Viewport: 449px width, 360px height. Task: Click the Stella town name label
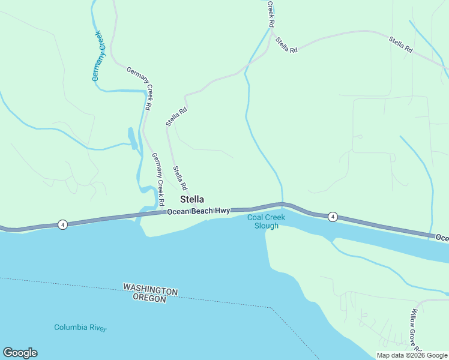click(192, 199)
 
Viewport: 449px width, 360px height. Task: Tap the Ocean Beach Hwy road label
click(199, 211)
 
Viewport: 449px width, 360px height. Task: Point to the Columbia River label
click(80, 328)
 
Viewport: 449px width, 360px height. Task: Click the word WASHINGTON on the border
click(151, 289)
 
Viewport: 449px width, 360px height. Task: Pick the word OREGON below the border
click(149, 298)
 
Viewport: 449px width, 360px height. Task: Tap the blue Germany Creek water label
click(99, 56)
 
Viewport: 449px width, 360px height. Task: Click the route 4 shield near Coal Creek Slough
click(333, 217)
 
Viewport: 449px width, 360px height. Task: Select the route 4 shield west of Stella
click(62, 224)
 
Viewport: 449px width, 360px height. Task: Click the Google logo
click(20, 353)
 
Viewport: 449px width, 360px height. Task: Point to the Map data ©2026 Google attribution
click(412, 355)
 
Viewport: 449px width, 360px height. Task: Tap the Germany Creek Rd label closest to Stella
click(157, 173)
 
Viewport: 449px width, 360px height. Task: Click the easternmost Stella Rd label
click(400, 45)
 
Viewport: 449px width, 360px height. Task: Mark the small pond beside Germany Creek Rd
click(131, 138)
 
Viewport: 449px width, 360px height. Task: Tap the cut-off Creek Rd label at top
click(271, 13)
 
